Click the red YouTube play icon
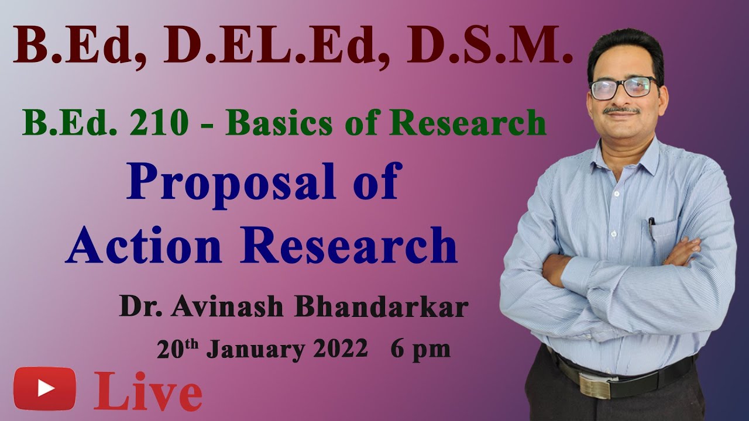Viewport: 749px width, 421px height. (45, 388)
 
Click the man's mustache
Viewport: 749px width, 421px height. (621, 109)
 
